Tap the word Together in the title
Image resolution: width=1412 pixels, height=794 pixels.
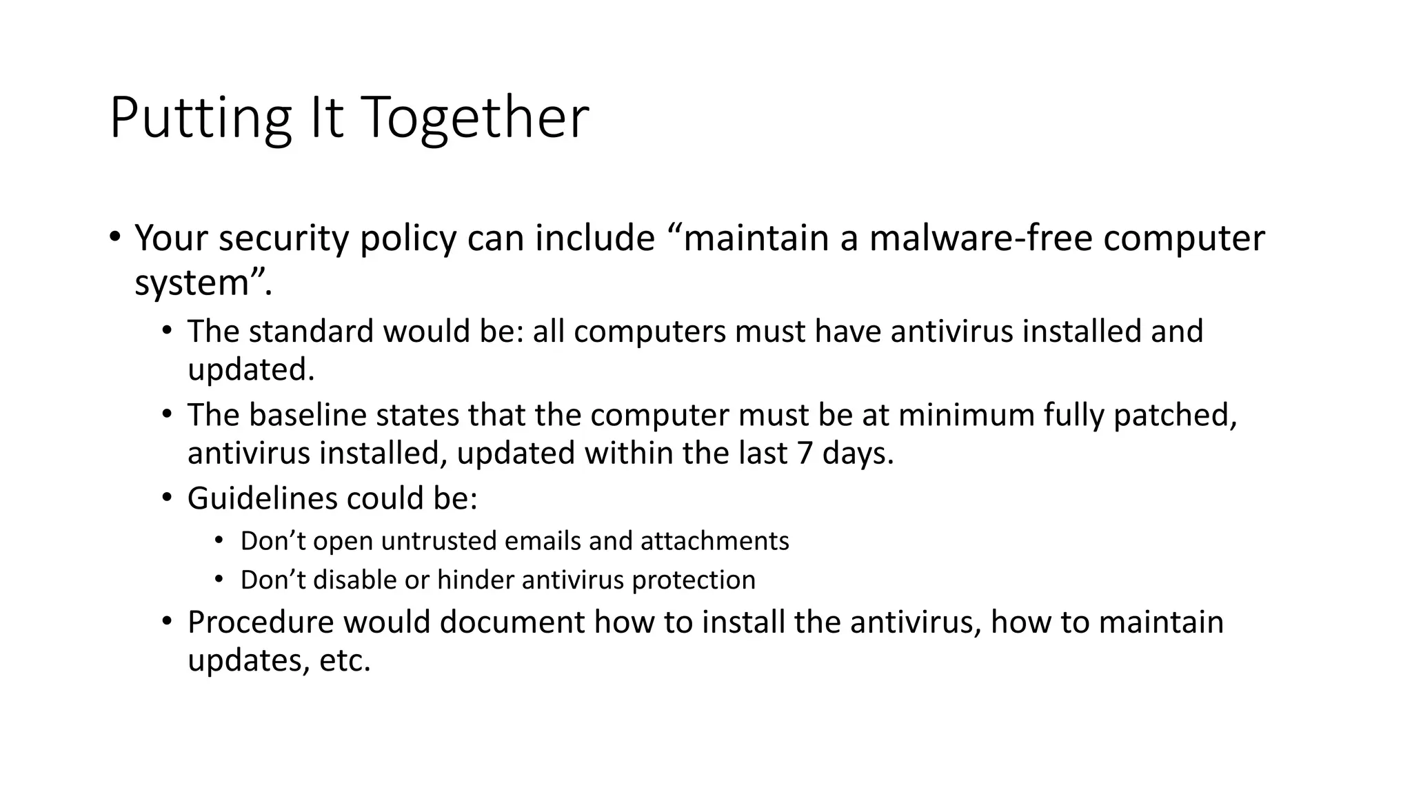point(474,119)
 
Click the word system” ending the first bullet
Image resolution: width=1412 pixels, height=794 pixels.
point(201,283)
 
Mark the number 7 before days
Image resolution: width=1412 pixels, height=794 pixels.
point(805,454)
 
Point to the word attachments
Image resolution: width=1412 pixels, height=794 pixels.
point(714,541)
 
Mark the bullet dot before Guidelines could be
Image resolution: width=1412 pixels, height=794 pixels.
point(166,497)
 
